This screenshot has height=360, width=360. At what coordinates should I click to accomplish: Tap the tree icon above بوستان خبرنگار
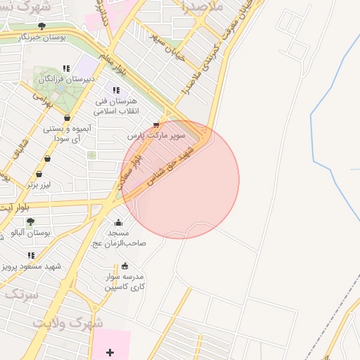click(x=41, y=27)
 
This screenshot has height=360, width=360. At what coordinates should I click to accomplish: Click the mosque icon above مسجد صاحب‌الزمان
click(x=117, y=223)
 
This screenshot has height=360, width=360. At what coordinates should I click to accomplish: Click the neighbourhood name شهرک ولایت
click(x=67, y=323)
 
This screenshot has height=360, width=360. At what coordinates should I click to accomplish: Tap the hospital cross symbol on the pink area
click(x=110, y=352)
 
